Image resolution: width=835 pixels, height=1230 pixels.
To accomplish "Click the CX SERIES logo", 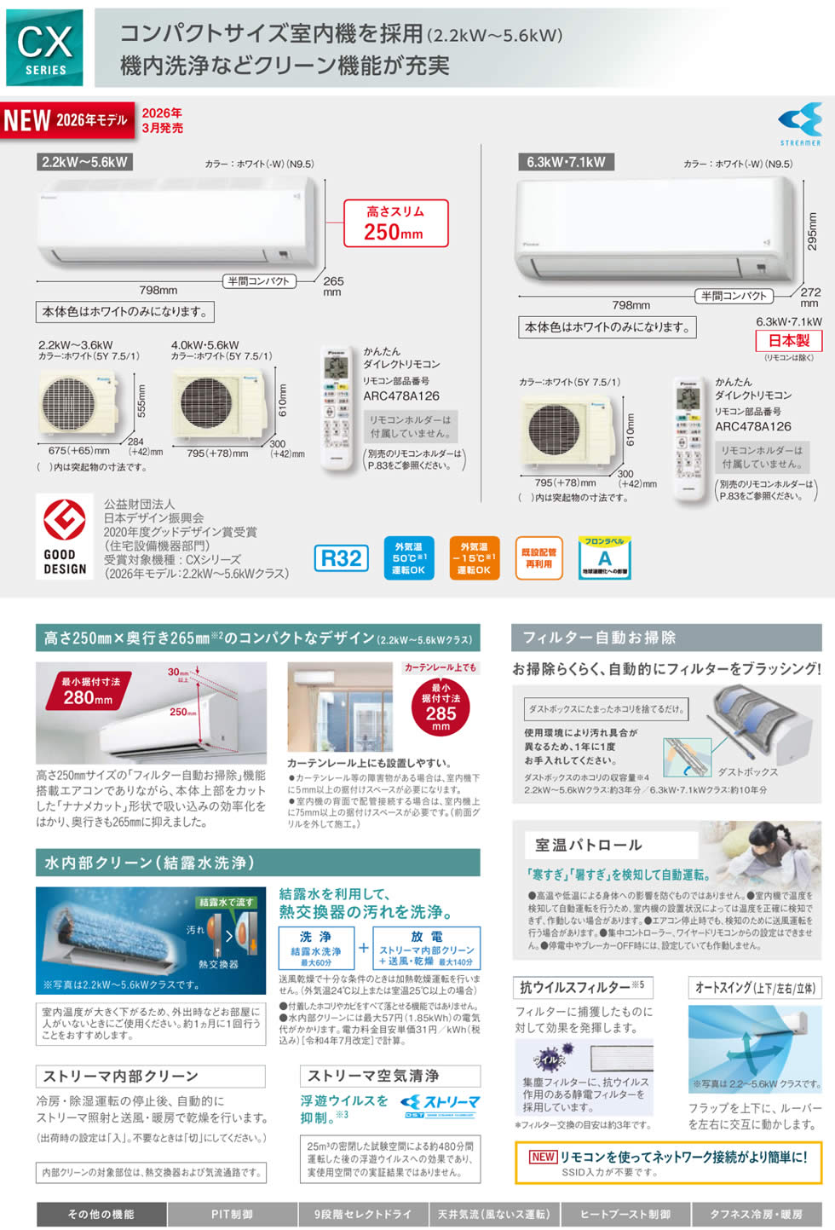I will coord(44,48).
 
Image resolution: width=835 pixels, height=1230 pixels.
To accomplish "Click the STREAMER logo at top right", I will coord(800,124).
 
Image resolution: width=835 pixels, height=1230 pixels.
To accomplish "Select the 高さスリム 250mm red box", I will coord(395,223).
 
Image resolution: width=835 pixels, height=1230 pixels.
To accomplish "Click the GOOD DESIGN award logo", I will coord(65,537).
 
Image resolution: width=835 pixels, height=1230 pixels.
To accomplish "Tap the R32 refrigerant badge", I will coord(342,558).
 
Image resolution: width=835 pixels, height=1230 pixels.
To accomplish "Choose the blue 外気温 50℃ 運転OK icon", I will coord(409,558).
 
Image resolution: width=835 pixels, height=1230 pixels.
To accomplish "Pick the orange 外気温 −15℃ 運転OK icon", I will coord(474,558).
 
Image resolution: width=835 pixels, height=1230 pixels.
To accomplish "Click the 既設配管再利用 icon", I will coord(538,558).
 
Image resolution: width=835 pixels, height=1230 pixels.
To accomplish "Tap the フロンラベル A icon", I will coord(604,558).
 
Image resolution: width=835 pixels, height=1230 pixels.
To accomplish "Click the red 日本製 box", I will coord(789,340).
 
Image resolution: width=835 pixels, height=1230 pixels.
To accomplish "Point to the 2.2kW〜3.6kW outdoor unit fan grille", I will coord(69,404).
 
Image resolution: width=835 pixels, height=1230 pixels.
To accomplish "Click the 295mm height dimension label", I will coord(812,230).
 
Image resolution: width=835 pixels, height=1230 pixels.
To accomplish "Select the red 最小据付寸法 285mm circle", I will coord(441,707).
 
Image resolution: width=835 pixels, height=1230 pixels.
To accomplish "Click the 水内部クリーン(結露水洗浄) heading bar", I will coord(257,863).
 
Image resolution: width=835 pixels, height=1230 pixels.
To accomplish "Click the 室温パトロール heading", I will coord(589,845).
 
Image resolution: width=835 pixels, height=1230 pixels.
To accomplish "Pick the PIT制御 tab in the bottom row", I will coord(233,1214).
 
